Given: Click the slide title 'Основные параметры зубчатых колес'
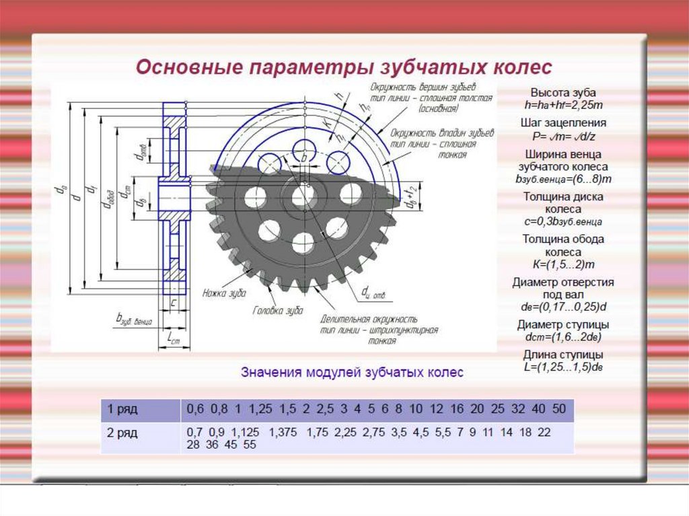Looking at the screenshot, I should point(344,68).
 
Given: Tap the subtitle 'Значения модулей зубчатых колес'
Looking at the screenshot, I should point(352,372).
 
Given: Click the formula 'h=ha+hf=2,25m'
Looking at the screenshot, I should point(563,105).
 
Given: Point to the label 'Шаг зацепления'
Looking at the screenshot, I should point(563,123).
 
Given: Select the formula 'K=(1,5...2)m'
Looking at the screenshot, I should point(563,264).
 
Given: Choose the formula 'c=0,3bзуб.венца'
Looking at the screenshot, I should point(563,221).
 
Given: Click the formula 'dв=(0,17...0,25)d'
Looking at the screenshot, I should point(563,307).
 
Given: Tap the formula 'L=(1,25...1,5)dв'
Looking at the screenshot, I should point(563,367).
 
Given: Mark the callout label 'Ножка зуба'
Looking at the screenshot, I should point(224,293).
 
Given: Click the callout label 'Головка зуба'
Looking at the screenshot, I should point(278,311).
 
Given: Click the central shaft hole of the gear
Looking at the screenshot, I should point(303,196).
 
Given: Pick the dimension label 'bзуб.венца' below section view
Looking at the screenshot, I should point(135,319).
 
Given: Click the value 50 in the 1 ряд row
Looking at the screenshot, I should point(558,409).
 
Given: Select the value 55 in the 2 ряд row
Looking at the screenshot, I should point(249,444).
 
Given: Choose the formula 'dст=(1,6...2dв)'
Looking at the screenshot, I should point(563,337).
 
